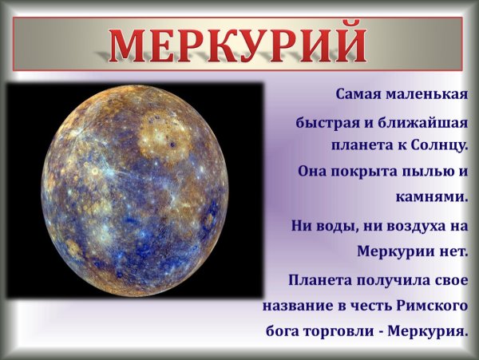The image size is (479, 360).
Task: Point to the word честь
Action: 368,305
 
